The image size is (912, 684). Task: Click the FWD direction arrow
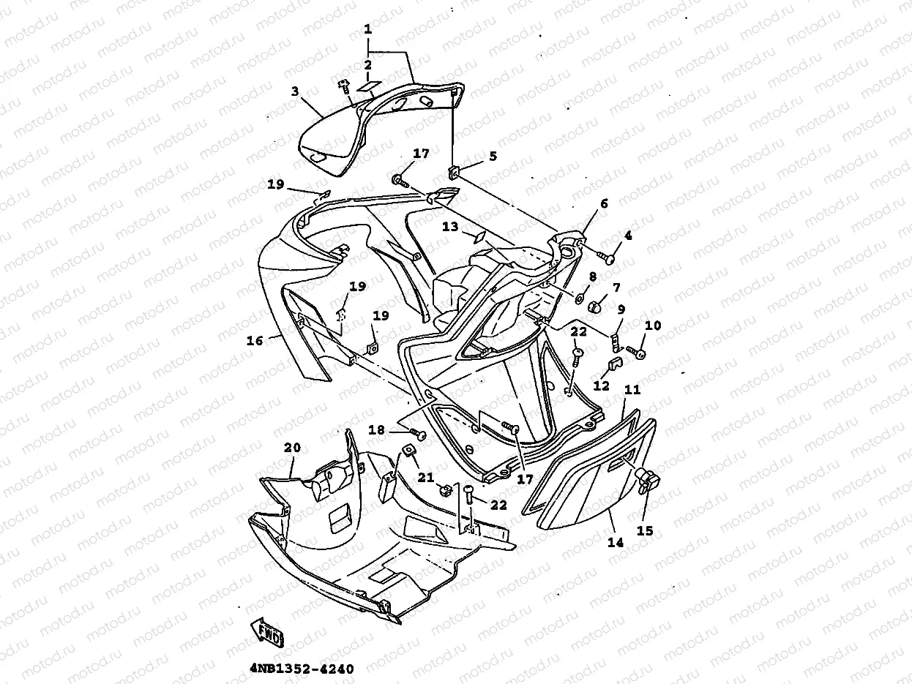point(266,631)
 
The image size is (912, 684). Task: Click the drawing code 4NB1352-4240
point(302,669)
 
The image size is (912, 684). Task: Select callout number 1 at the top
point(367,31)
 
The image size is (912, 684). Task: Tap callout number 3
point(294,91)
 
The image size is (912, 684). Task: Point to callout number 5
point(493,156)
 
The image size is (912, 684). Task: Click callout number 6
point(604,204)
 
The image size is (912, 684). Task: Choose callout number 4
point(627,236)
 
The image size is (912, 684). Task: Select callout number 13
point(450,227)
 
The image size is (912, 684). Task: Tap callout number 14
point(615,542)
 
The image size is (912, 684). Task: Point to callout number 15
point(645,531)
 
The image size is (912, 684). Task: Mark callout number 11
point(632,390)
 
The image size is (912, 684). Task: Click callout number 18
point(376,431)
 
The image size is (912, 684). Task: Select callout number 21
point(425,478)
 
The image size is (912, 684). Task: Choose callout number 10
point(653,325)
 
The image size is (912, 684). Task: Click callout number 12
point(602,386)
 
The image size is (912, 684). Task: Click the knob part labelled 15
point(647,480)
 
